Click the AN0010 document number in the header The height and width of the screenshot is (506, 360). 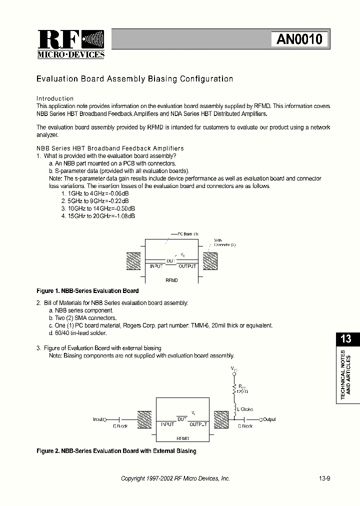point(299,39)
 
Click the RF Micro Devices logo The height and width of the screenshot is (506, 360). point(70,44)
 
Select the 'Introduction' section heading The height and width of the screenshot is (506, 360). point(55,98)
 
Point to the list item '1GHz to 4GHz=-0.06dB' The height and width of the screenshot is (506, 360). point(94,193)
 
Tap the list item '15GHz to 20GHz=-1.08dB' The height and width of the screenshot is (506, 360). point(98,216)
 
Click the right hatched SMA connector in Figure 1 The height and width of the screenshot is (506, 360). point(209,260)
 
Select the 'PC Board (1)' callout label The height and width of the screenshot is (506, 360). point(188,234)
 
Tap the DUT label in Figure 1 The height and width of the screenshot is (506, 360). point(171,261)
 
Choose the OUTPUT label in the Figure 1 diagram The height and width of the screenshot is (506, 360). point(187,266)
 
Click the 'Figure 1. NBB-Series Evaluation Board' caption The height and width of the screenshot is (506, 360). point(87,290)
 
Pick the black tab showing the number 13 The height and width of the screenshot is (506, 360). point(345,338)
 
